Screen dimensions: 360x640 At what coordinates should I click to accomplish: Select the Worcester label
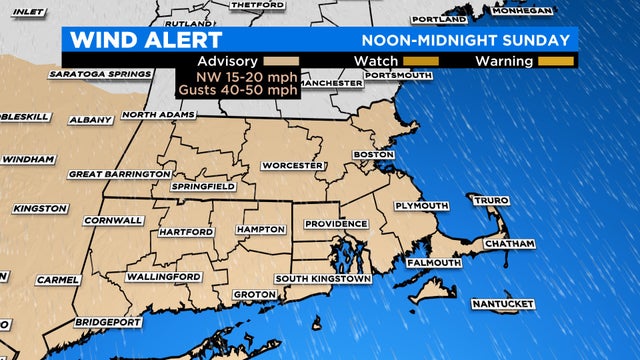pos(292,164)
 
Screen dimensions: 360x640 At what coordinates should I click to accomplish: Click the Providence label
pos(337,223)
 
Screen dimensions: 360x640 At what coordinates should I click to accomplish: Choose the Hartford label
pos(186,232)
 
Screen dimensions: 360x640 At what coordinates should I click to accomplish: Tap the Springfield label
pos(204,187)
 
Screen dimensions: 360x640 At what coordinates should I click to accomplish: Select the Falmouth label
pos(433,262)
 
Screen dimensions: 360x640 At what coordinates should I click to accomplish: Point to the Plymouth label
pos(422,206)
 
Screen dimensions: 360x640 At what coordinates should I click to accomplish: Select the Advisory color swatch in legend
pos(288,61)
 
